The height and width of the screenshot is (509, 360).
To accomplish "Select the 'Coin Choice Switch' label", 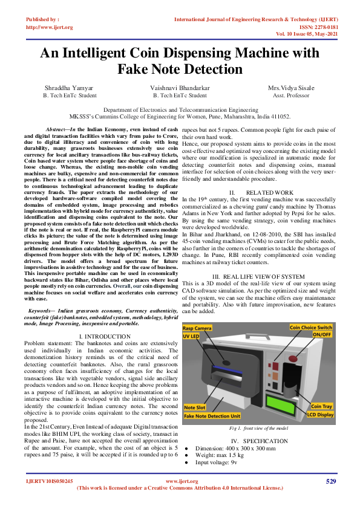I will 311,327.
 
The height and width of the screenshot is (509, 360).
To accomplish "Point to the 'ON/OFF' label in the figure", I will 322,334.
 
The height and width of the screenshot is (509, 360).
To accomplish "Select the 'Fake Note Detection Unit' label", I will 212,416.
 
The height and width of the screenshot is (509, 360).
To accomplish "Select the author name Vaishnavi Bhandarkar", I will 180,88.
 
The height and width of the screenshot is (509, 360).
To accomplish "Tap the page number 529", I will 331,481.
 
